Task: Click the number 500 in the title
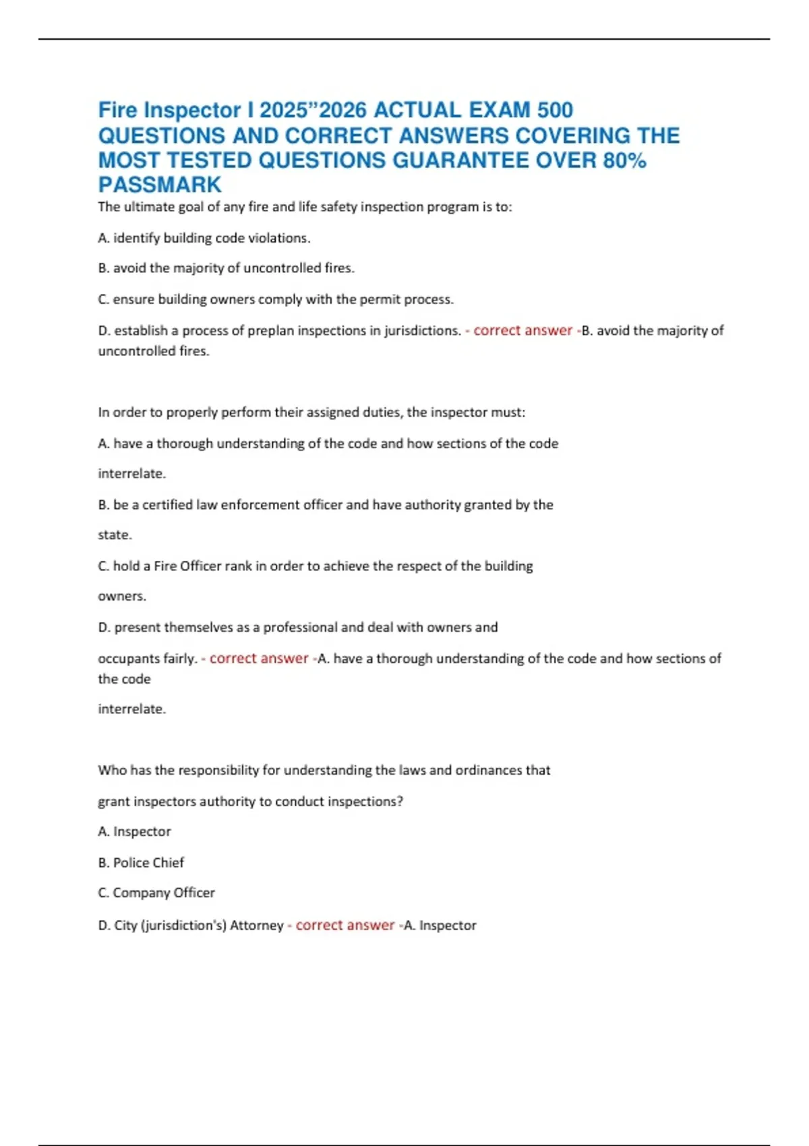pyautogui.click(x=555, y=110)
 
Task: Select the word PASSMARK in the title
pyautogui.click(x=160, y=185)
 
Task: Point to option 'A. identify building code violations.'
pyautogui.click(x=204, y=238)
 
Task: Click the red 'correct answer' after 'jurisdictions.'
pyautogui.click(x=522, y=330)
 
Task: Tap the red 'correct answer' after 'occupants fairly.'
pyautogui.click(x=259, y=659)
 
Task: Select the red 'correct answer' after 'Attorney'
pyautogui.click(x=345, y=926)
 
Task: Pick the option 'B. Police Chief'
pyautogui.click(x=141, y=863)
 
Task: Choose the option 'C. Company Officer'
pyautogui.click(x=156, y=893)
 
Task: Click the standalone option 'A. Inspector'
pyautogui.click(x=134, y=832)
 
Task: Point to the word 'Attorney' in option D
pyautogui.click(x=257, y=926)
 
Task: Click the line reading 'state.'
pyautogui.click(x=115, y=535)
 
